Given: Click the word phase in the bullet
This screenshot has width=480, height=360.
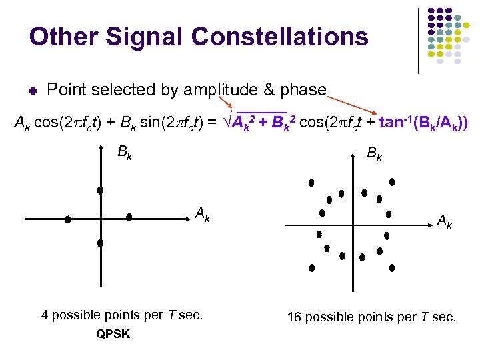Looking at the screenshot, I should tap(304, 89).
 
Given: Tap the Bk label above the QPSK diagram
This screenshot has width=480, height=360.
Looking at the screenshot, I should tap(124, 152).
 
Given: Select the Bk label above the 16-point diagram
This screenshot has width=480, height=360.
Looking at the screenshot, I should tap(375, 155).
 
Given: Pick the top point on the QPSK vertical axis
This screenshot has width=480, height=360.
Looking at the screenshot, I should tap(100, 191).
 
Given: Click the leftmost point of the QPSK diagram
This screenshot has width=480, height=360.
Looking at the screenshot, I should tap(67, 219).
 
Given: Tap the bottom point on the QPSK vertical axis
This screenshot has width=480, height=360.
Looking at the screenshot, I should tap(100, 243).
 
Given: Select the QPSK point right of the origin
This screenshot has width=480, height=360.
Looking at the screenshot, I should tap(129, 217).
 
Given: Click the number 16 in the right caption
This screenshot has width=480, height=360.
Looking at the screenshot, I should tap(294, 317).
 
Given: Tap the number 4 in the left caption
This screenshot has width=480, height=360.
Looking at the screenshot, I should tap(45, 315).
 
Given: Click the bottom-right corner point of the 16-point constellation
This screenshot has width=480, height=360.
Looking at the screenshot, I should tap(392, 268).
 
